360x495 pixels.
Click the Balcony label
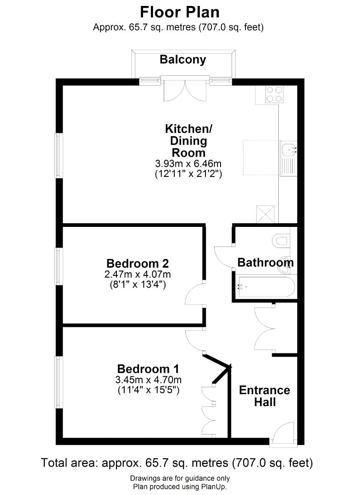[x=183, y=60]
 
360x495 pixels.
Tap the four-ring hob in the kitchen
[x=274, y=94]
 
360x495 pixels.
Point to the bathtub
[x=266, y=286]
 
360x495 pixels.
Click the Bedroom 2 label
[x=138, y=263]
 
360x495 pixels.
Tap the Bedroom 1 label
[x=148, y=368]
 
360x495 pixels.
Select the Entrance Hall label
[x=265, y=396]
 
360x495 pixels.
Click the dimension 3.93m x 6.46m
[x=188, y=164]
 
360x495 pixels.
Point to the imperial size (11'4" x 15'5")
[x=149, y=390]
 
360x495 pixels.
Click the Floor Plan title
[x=180, y=13]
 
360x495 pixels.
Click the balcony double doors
[x=185, y=90]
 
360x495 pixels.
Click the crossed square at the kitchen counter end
[x=265, y=214]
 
